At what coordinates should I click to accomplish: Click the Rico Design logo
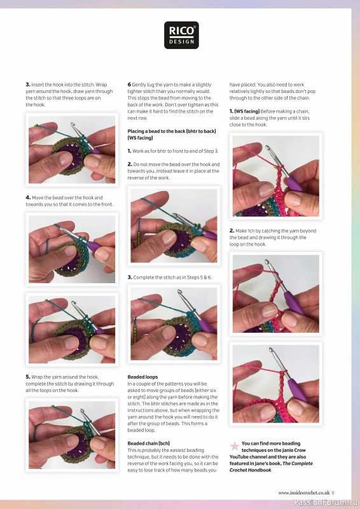pos(181,35)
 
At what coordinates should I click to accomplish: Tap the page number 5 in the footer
pos(333,492)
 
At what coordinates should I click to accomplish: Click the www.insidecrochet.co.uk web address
pos(303,492)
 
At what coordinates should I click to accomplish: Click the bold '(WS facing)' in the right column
pos(246,111)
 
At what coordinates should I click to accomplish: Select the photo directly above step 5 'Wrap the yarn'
pos(71,329)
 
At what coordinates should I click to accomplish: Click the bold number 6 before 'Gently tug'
pos(129,85)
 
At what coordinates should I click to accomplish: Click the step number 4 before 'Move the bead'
pos(28,198)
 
